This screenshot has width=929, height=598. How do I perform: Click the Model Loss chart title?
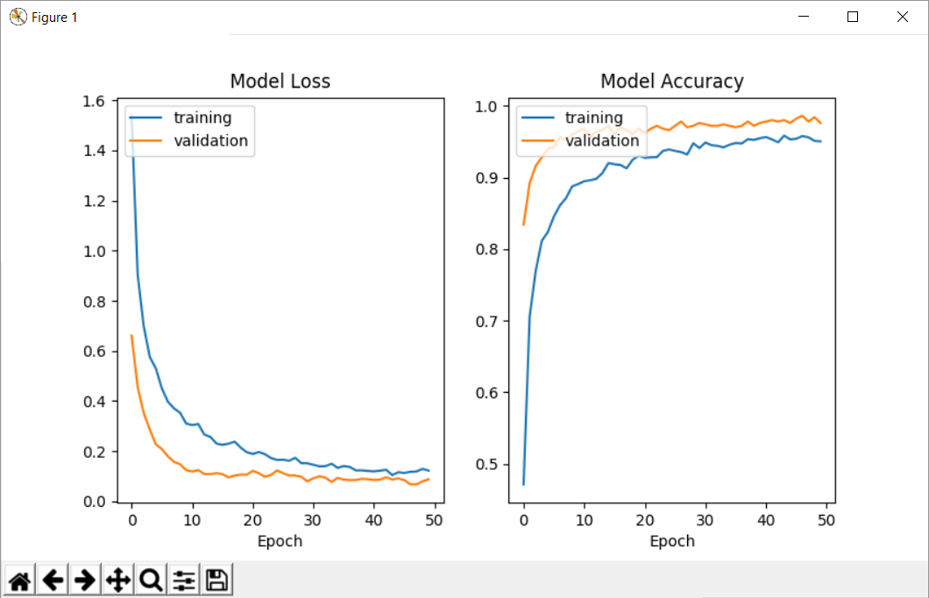280,82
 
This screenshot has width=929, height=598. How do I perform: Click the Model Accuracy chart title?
671,82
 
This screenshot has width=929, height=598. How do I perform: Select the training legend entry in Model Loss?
202,117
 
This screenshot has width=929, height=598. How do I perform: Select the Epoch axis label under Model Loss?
280,541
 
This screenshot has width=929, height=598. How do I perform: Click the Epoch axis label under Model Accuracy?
671,541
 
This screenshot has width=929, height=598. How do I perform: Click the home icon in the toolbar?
20,580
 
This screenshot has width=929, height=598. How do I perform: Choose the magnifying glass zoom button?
151,580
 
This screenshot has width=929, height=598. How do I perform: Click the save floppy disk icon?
216,580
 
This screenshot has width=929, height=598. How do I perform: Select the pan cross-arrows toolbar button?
117,580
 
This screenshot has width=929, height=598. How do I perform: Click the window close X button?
901,17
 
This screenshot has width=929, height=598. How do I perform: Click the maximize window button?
852,17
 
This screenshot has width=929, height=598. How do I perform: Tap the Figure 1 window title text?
54,18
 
